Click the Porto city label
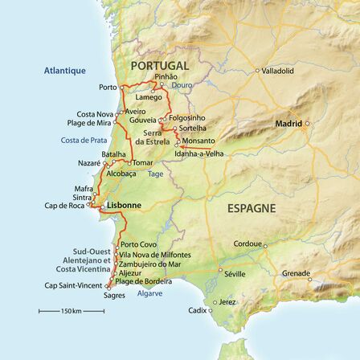(x=104, y=84)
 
